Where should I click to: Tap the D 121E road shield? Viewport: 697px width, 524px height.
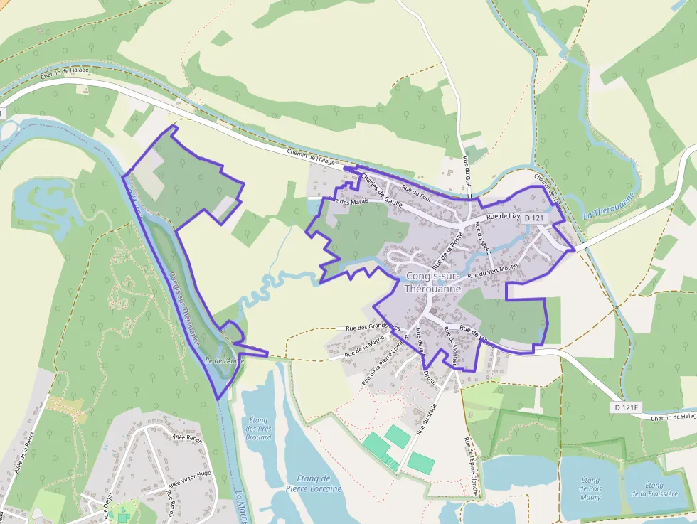tap(627, 407)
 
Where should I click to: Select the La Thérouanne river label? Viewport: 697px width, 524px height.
tap(607, 207)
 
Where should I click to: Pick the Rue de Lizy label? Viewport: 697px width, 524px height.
tap(504, 216)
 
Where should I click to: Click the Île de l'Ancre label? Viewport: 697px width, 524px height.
tap(224, 360)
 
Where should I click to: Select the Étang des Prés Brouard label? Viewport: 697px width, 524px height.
tap(258, 428)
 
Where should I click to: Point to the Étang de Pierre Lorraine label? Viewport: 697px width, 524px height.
tap(313, 483)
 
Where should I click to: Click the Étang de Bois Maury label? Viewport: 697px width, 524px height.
tap(590, 488)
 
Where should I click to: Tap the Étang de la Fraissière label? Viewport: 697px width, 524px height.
tap(654, 488)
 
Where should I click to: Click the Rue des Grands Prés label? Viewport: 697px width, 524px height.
tap(369, 326)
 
